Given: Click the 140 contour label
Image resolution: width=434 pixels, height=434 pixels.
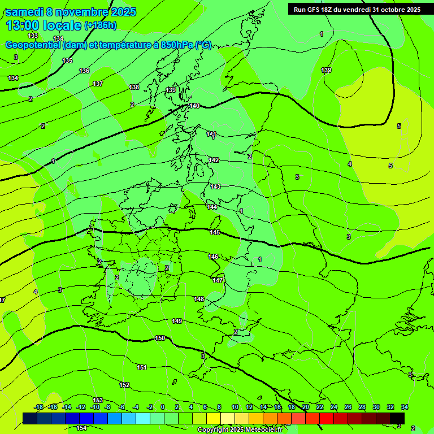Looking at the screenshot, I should (194, 106).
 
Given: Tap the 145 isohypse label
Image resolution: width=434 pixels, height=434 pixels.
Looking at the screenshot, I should (215, 232).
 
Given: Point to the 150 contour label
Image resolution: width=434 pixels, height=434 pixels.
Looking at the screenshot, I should (160, 338).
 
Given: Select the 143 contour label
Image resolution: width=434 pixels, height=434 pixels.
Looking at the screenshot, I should (215, 186).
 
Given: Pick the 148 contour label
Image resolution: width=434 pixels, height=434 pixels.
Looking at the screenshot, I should (199, 299).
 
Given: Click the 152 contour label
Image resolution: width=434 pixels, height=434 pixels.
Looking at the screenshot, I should (124, 385).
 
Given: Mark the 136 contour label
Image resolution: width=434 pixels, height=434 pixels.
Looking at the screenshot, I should (84, 71).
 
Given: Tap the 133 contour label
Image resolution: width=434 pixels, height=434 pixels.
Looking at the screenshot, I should (33, 36).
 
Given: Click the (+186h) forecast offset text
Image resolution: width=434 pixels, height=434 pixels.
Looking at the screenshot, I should (100, 25).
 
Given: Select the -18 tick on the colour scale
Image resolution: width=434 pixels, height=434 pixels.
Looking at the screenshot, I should (38, 407).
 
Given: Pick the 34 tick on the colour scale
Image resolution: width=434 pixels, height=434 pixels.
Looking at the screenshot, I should (404, 407).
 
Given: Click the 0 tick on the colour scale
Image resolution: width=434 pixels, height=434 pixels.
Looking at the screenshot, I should (163, 407).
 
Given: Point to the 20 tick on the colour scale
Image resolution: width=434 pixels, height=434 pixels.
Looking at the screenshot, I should (306, 407).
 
